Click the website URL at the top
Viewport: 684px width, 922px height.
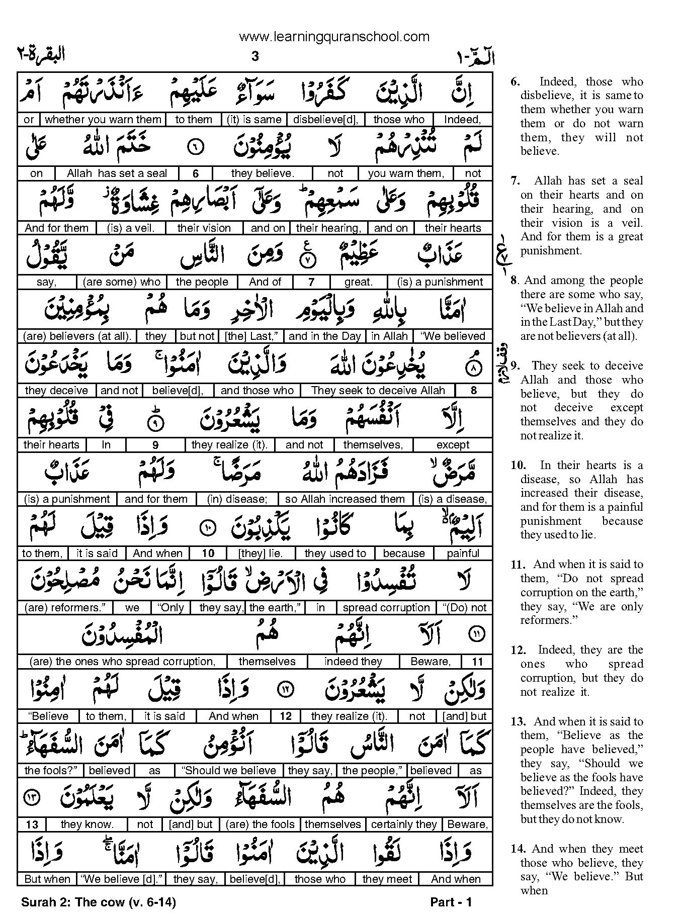(x=334, y=36)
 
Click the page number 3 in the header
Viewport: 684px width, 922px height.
(x=254, y=57)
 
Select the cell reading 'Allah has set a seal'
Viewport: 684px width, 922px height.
(x=117, y=173)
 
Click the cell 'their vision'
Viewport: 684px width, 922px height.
(x=204, y=228)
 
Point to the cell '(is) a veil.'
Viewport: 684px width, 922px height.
(x=131, y=228)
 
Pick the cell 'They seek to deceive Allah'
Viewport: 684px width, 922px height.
(x=378, y=391)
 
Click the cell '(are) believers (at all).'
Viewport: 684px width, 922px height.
(x=77, y=336)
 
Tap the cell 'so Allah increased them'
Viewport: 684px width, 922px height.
(x=345, y=499)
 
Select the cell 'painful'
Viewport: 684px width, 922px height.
(x=463, y=554)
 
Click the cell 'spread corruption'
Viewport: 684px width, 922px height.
(x=386, y=608)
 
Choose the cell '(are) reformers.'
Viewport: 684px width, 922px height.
(x=65, y=608)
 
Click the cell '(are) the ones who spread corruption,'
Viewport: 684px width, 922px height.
(x=122, y=662)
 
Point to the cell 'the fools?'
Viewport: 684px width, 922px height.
(x=49, y=770)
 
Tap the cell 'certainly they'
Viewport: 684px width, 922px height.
(x=404, y=824)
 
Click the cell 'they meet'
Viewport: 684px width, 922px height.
(x=387, y=879)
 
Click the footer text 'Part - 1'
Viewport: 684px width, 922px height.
(x=451, y=902)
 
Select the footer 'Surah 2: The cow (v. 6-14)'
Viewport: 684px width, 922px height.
(x=99, y=902)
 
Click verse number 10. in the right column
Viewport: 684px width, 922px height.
(x=518, y=466)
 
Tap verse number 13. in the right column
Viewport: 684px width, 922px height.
(x=518, y=721)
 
